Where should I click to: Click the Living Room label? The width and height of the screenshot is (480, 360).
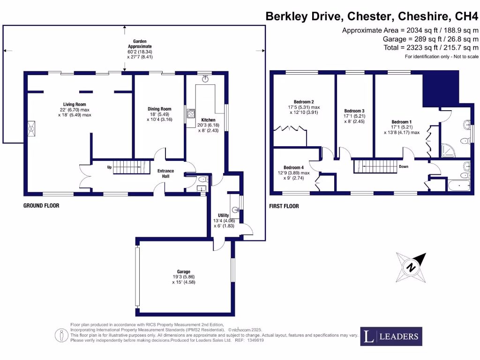(75, 105)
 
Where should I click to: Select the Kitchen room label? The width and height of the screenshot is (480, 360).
(208, 120)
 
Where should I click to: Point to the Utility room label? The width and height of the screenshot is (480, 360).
(223, 215)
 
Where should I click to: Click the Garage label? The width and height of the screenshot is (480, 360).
(183, 271)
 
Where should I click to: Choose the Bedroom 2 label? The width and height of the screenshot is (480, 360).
(304, 102)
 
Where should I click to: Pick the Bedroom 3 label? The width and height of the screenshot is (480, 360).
(354, 111)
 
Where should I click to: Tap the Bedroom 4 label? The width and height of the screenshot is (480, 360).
(293, 167)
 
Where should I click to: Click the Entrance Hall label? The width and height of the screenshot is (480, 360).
(165, 173)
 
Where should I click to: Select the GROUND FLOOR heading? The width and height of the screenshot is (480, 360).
(41, 206)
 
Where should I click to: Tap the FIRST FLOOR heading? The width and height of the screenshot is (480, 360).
(284, 206)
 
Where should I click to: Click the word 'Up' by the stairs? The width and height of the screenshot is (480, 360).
(109, 167)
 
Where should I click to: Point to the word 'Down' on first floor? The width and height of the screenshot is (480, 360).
(404, 166)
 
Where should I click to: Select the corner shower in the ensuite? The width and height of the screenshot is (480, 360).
(447, 150)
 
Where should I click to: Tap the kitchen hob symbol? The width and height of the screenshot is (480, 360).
(191, 113)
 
